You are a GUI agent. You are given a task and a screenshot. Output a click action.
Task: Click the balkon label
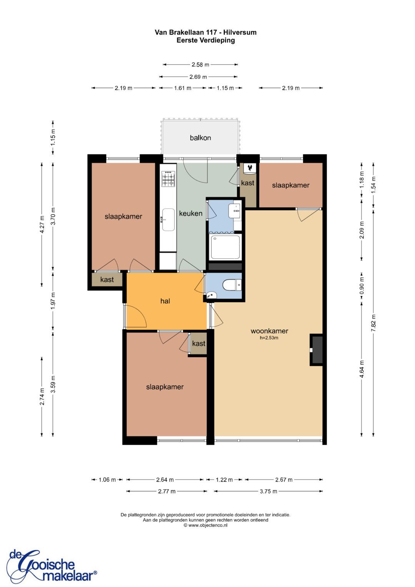click(200, 138)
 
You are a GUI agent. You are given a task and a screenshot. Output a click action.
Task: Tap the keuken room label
click(191, 213)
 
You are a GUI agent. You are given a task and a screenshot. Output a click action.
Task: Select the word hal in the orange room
click(165, 301)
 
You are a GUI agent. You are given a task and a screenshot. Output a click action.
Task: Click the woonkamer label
click(269, 331)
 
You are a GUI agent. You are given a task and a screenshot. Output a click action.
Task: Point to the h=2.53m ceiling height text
click(269, 338)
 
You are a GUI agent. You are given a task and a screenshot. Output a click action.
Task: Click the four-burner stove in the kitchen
click(168, 179)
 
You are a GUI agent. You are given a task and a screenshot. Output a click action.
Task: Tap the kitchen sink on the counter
click(168, 220)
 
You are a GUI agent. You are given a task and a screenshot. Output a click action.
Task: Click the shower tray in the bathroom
click(226, 247)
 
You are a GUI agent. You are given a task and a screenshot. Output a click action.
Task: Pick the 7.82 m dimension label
click(373, 323)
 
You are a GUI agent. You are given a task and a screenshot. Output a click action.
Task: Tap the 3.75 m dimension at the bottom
click(269, 491)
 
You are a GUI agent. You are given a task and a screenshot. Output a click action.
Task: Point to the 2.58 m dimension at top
click(201, 65)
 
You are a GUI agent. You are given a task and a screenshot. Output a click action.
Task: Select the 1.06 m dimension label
click(107, 480)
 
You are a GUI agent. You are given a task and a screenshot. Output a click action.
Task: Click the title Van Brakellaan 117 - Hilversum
click(206, 32)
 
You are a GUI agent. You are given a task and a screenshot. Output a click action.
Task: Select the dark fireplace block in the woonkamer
click(316, 350)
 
